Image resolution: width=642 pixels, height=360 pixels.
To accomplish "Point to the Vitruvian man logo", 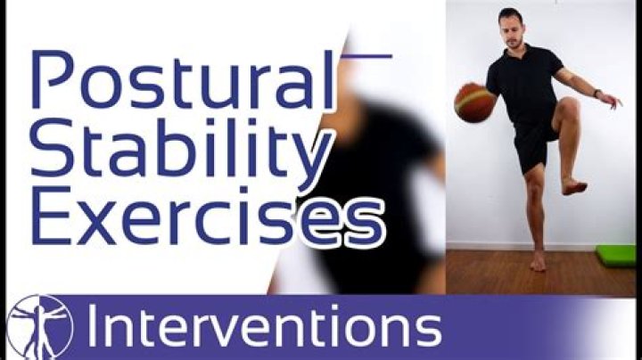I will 38,326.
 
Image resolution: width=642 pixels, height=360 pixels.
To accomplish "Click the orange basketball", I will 474,102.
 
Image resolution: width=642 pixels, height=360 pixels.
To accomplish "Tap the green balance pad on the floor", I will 616,254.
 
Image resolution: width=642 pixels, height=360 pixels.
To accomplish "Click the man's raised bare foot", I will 573,185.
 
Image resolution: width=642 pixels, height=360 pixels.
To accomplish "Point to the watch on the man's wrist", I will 597,93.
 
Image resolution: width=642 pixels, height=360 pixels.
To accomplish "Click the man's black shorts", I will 536,143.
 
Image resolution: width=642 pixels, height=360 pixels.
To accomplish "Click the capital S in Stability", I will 49,151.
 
